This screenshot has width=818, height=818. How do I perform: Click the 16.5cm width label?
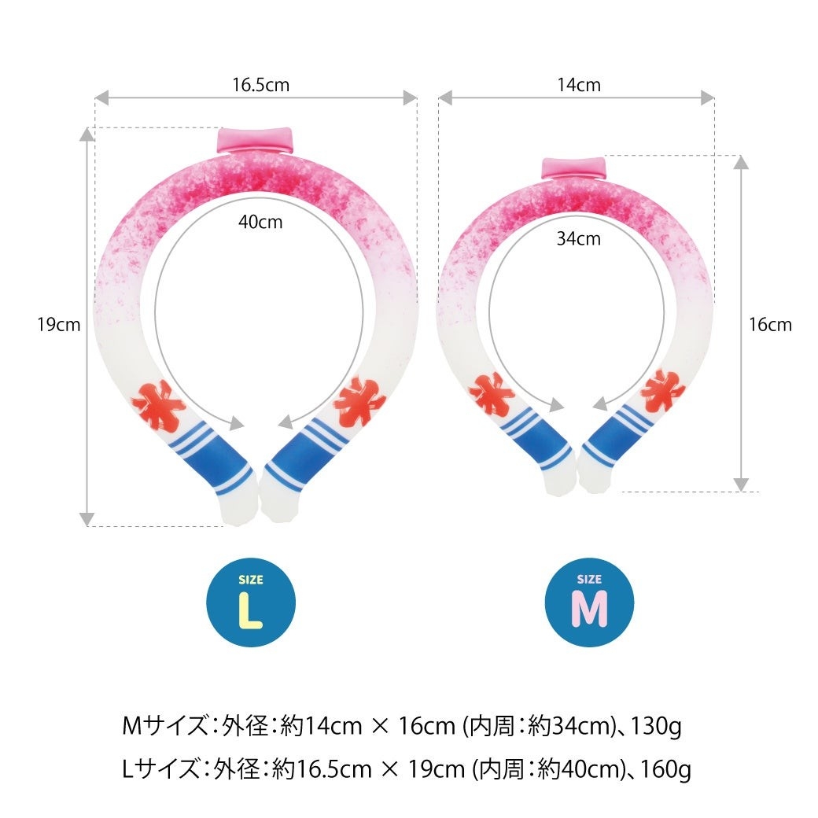[x=261, y=84]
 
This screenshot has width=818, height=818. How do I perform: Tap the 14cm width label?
[x=579, y=84]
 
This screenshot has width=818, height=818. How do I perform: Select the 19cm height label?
[x=59, y=325]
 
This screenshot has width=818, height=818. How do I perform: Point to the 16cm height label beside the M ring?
[x=770, y=325]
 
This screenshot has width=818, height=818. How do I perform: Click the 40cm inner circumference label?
[x=260, y=222]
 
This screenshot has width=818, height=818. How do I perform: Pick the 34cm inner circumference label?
[x=579, y=238]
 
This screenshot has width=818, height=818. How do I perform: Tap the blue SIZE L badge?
[x=251, y=602]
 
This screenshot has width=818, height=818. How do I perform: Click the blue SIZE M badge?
[x=589, y=602]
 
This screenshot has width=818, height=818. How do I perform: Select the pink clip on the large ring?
[x=256, y=140]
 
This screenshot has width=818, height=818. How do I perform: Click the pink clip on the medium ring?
[x=573, y=168]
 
